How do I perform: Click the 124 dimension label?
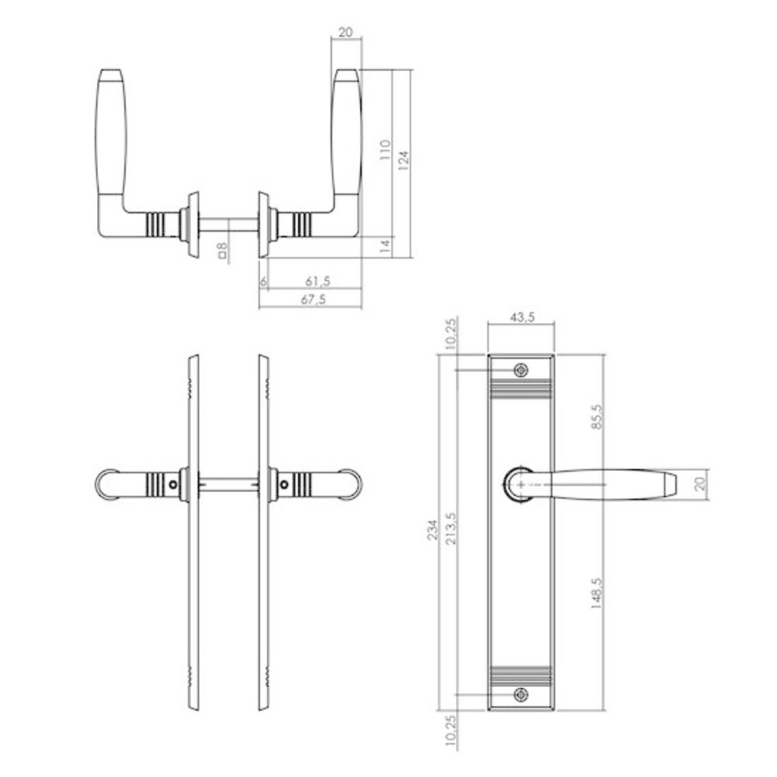click(404, 159)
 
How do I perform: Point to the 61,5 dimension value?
click(315, 280)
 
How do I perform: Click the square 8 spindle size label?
click(222, 249)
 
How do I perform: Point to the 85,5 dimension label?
click(596, 419)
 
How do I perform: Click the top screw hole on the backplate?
click(521, 370)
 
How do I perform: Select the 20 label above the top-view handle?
click(346, 33)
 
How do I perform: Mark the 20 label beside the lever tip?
click(700, 483)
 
